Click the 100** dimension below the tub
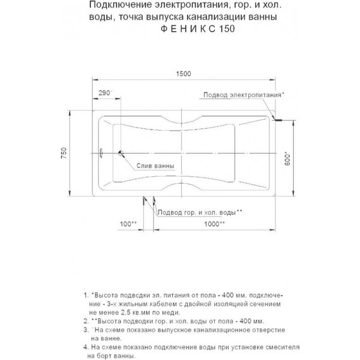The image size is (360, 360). point(128,224)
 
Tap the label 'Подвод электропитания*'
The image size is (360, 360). point(243,94)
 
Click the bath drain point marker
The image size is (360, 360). point(121,152)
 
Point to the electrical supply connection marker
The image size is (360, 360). point(277,118)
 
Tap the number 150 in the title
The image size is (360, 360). point(228,30)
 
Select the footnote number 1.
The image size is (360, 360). point(86,295)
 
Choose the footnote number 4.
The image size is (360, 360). point(85,347)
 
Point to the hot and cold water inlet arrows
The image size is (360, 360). point(148,200)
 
